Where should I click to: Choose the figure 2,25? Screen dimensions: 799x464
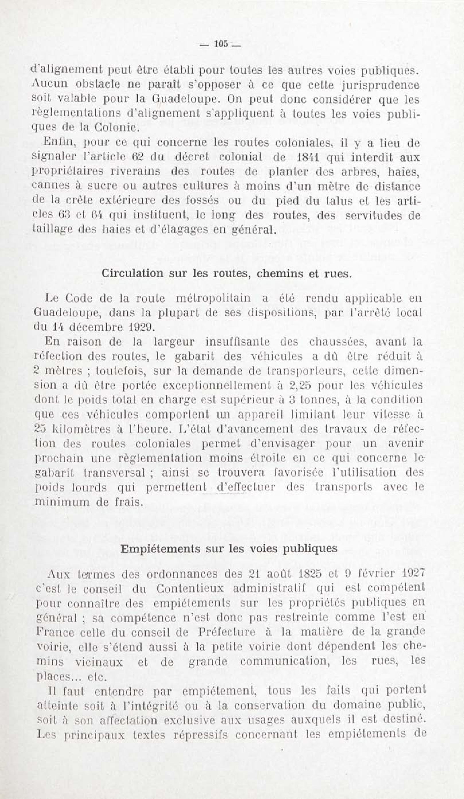301,385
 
